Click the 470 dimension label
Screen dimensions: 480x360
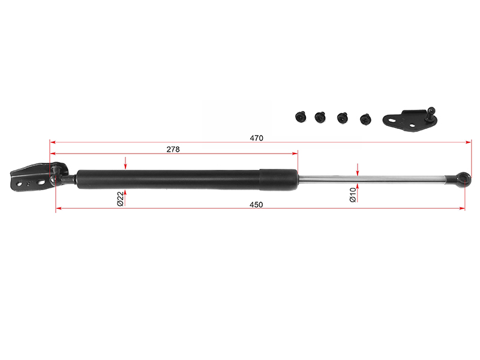tap(256, 138)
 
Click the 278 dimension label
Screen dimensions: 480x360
tap(173, 149)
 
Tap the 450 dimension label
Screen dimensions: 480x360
tap(256, 205)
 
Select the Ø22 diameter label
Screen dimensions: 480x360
tap(121, 199)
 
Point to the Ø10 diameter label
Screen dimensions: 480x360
tap(353, 195)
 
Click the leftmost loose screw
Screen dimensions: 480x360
tap(301, 117)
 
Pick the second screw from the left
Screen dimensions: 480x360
tap(320, 117)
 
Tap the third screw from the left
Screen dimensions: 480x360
tap(342, 118)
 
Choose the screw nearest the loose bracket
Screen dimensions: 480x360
tap(365, 119)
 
